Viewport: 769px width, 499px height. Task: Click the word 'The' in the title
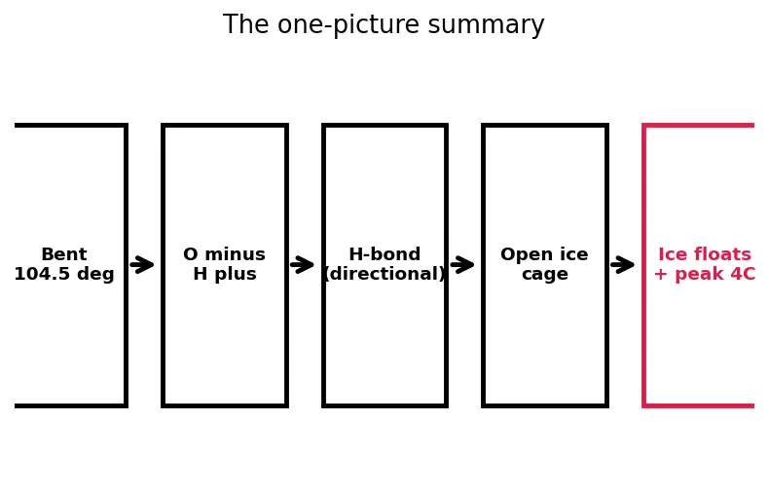pos(245,24)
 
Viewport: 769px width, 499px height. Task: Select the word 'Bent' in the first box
pos(64,254)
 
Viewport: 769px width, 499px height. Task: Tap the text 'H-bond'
pos(384,254)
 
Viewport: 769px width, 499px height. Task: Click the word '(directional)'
pos(384,274)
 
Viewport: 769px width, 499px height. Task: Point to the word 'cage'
pos(545,275)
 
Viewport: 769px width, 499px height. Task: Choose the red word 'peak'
pos(701,274)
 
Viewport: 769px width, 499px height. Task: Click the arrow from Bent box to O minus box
pos(142,265)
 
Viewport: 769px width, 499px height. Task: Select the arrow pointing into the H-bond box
pos(302,265)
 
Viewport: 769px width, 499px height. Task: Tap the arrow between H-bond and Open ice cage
pos(462,265)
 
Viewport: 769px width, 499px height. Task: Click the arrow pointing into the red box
pos(623,265)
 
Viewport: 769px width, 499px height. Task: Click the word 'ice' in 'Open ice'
pos(573,254)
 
